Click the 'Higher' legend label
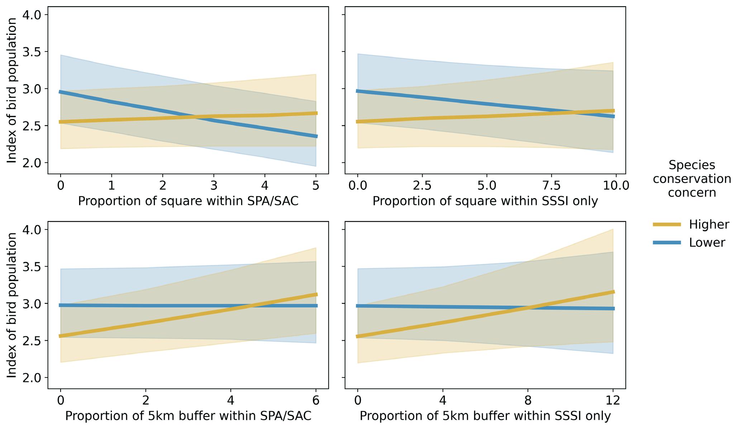[709, 225]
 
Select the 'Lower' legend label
[707, 243]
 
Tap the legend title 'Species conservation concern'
[692, 179]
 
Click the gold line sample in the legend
[667, 225]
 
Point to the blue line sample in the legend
[667, 243]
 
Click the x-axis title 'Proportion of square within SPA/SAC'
[188, 201]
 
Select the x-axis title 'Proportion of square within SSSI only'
[485, 201]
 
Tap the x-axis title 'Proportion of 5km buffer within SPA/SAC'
[188, 416]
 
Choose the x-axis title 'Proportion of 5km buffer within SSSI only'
[485, 416]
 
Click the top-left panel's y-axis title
[12, 90]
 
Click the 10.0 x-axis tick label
[615, 186]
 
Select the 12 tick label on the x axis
[613, 400]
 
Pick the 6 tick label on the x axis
[316, 400]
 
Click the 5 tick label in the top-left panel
[316, 186]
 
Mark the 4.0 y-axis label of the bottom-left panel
[32, 229]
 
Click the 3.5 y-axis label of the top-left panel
[32, 52]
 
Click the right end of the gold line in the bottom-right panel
[614, 292]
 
